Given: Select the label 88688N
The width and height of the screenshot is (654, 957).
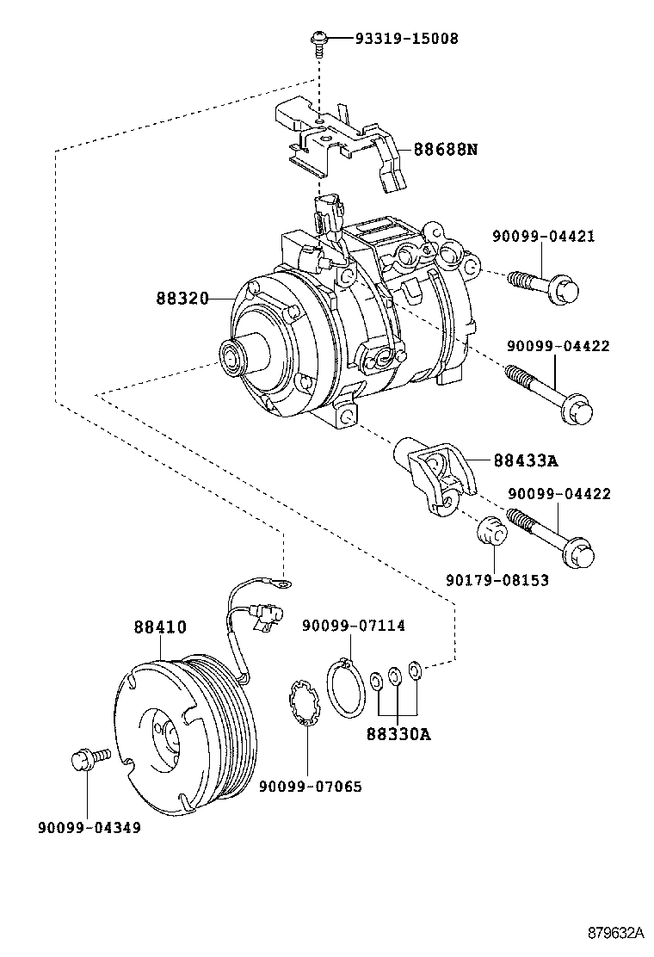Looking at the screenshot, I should pyautogui.click(x=445, y=149).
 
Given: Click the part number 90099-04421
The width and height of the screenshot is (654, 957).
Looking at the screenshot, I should pyautogui.click(x=542, y=236).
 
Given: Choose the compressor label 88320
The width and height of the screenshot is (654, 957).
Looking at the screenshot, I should pyautogui.click(x=182, y=299).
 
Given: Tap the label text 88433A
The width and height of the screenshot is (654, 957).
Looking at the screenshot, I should pyautogui.click(x=526, y=460).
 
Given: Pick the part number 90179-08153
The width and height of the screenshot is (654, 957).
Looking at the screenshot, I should pyautogui.click(x=497, y=581).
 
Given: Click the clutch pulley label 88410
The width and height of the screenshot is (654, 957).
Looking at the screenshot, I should pyautogui.click(x=159, y=627).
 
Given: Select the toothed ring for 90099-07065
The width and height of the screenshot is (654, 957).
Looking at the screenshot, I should pyautogui.click(x=304, y=703).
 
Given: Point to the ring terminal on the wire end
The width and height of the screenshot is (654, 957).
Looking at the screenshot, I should pyautogui.click(x=280, y=586).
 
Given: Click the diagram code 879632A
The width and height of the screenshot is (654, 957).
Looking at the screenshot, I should pyautogui.click(x=615, y=933).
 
